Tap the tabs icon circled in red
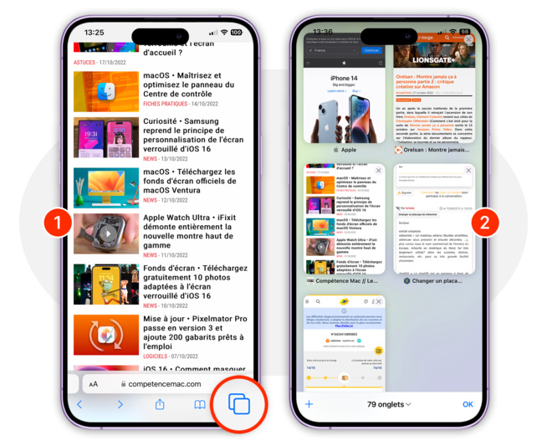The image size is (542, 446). click(x=239, y=404)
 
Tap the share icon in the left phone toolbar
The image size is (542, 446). click(x=160, y=405)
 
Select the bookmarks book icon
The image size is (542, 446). click(x=200, y=405)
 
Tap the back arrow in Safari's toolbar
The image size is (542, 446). click(x=80, y=405)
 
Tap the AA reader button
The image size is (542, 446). click(x=94, y=384)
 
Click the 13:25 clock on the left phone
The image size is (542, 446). click(x=94, y=33)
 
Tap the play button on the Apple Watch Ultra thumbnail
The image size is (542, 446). click(x=106, y=233)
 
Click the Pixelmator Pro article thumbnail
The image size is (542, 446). click(x=106, y=335)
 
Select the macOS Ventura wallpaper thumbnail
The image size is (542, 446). click(x=106, y=187)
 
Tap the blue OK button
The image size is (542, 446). click(x=468, y=404)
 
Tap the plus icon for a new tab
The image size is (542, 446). click(x=309, y=404)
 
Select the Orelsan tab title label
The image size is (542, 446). click(x=435, y=150)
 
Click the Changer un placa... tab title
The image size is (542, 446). click(x=437, y=280)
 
